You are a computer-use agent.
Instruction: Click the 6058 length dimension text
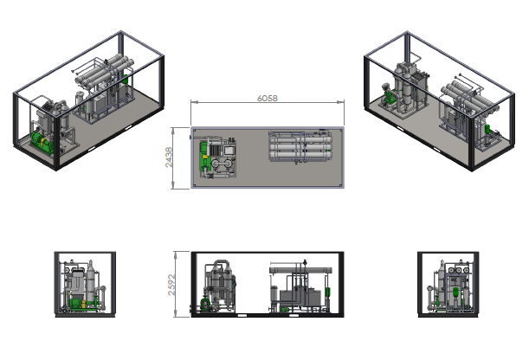click(x=268, y=98)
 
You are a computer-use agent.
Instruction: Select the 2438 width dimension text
click(x=169, y=157)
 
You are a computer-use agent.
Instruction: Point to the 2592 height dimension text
click(x=171, y=285)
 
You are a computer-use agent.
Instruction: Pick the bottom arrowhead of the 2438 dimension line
click(x=173, y=186)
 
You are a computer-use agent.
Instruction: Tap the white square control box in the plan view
click(x=229, y=151)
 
